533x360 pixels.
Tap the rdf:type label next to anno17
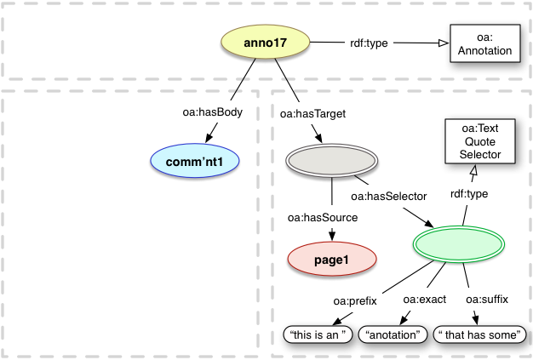[369, 43]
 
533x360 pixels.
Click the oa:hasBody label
[207, 111]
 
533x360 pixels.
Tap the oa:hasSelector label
[387, 196]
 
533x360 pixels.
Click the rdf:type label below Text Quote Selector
[468, 195]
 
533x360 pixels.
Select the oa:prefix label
[354, 300]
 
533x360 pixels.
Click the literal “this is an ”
[319, 335]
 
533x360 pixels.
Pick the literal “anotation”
[393, 335]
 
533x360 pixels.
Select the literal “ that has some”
[478, 335]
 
